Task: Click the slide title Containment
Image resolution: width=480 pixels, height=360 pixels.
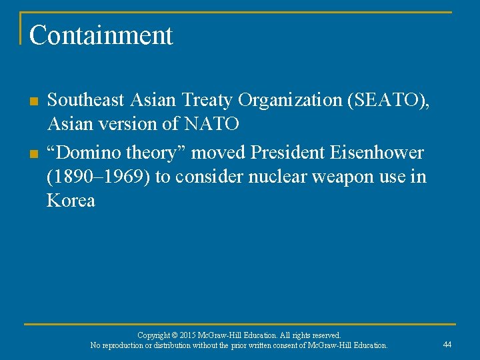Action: pyautogui.click(x=101, y=35)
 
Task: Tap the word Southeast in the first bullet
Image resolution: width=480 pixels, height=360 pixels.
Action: pyautogui.click(x=86, y=101)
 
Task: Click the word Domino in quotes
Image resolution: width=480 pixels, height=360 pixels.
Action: pyautogui.click(x=90, y=153)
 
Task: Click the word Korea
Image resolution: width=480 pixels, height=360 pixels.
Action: pyautogui.click(x=71, y=201)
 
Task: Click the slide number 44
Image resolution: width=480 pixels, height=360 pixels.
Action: pyautogui.click(x=447, y=345)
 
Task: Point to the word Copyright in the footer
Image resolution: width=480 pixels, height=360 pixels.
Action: pyautogui.click(x=154, y=335)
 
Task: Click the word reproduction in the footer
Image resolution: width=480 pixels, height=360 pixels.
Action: pyautogui.click(x=127, y=345)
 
